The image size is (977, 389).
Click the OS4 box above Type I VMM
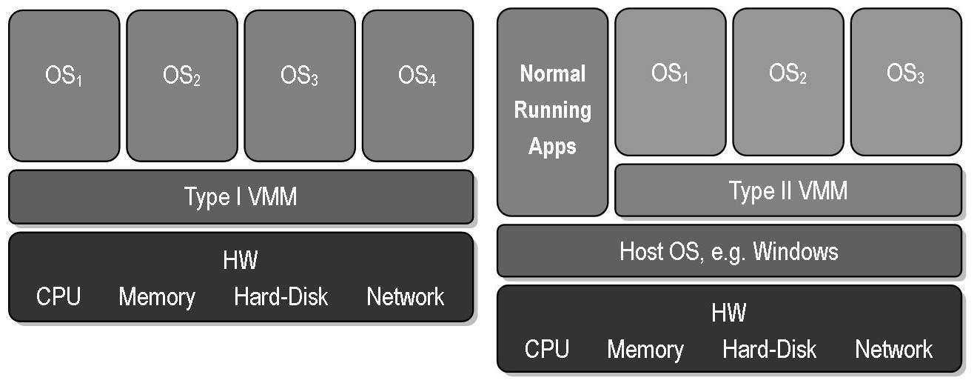(x=417, y=85)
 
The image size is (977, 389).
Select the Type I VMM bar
(x=241, y=197)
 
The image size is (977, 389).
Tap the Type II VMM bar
(x=788, y=191)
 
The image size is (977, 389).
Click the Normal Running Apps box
(x=552, y=111)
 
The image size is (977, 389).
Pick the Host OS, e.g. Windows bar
(x=729, y=251)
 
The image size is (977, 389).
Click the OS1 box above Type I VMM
(x=64, y=85)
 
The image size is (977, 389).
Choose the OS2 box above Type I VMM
(x=182, y=85)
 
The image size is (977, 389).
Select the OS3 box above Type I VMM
(x=300, y=85)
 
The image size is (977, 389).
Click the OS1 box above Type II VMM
(x=671, y=82)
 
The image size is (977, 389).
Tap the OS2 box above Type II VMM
(x=788, y=82)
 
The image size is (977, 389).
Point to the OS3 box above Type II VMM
(x=906, y=82)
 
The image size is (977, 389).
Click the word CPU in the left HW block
(x=58, y=297)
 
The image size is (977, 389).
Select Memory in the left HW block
(x=157, y=297)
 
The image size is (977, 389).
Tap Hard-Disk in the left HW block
(x=281, y=297)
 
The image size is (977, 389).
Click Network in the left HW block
(x=406, y=297)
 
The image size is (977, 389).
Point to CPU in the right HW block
(x=547, y=349)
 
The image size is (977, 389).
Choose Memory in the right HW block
(x=645, y=349)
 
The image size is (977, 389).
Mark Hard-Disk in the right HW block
(x=770, y=349)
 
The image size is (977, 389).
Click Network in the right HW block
(x=894, y=349)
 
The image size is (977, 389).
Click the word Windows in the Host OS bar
(x=796, y=251)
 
